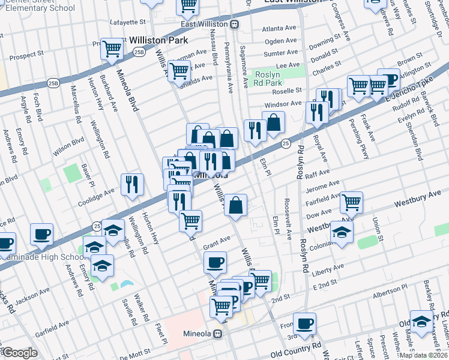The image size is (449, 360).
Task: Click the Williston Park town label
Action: tap(158, 40)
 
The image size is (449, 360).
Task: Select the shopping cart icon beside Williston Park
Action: tap(112, 50)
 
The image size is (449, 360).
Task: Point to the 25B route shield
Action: tap(139, 53)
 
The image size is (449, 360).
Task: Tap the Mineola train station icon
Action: tap(218, 333)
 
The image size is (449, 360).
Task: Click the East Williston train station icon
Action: tap(234, 24)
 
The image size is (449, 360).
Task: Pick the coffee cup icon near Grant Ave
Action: tap(215, 262)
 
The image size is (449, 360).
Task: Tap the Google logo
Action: tap(20, 353)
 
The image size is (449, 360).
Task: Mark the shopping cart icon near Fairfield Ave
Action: tap(351, 202)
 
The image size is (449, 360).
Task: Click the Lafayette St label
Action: tap(128, 22)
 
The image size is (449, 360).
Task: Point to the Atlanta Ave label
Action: tap(280, 28)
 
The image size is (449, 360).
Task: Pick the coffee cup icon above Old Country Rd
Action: tap(304, 323)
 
